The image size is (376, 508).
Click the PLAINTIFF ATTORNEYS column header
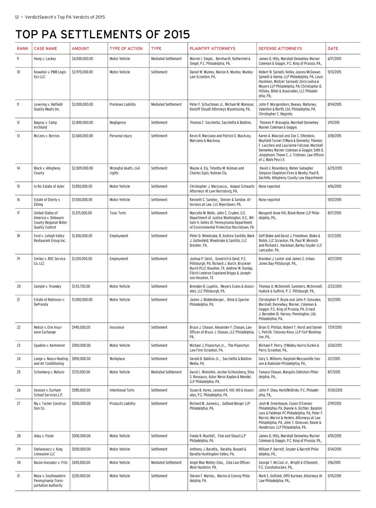point(212,49)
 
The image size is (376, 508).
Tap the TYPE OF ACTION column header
point(126,49)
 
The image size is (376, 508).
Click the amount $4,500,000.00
point(83,59)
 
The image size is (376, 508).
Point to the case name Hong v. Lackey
point(45,59)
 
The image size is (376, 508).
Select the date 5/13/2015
point(334,72)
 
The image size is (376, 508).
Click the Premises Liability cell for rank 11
point(123,104)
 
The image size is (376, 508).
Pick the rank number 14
point(18,168)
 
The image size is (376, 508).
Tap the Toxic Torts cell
point(118,213)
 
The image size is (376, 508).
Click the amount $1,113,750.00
point(81,287)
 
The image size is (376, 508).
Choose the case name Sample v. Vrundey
point(48,287)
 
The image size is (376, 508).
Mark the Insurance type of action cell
point(117,327)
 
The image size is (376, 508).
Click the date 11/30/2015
point(335,390)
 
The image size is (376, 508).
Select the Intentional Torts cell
point(122,390)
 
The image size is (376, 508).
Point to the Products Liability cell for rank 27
point(122,404)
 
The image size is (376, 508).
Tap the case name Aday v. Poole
point(44,436)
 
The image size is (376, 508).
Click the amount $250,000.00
point(81,476)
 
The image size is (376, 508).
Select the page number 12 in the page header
point(17,17)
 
